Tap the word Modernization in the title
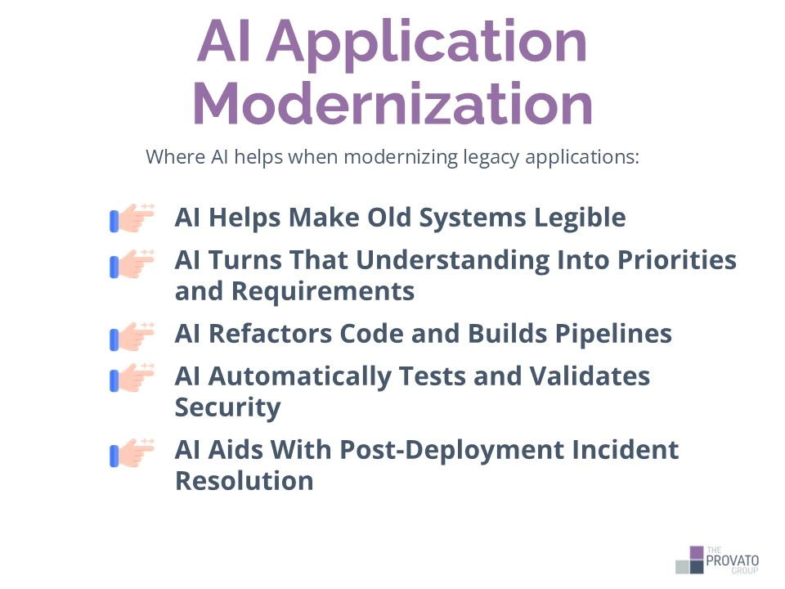pyautogui.click(x=392, y=104)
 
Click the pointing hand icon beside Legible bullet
pyautogui.click(x=132, y=218)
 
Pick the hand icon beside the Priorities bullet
pyautogui.click(x=132, y=264)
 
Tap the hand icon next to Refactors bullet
pyautogui.click(x=132, y=335)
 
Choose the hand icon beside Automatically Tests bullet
pyautogui.click(x=132, y=377)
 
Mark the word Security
pyautogui.click(x=228, y=407)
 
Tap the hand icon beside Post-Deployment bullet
pyautogui.click(x=132, y=452)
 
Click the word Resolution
pyautogui.click(x=244, y=479)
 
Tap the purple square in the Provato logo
pyautogui.click(x=696, y=552)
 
